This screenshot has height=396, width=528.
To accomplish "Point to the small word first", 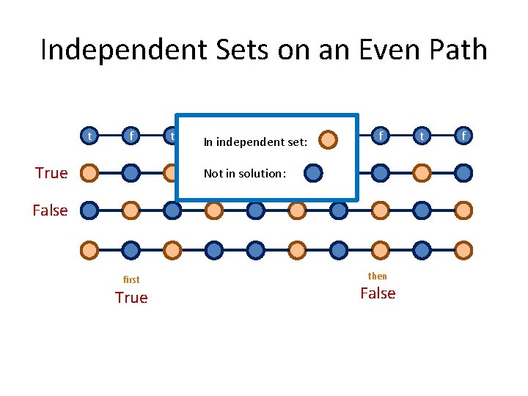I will [131, 279].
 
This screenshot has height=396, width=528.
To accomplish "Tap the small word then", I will [377, 276].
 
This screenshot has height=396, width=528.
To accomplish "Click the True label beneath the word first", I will [131, 298].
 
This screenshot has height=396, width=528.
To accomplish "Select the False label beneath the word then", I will [378, 293].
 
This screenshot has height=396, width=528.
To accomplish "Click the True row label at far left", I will [51, 173].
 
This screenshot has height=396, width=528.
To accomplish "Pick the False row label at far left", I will [50, 210].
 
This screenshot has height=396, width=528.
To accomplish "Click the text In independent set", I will [255, 142].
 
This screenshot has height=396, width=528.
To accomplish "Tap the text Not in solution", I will [244, 174].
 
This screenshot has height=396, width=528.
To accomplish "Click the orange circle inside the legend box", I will [329, 139].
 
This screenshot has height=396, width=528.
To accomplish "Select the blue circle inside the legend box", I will [313, 173].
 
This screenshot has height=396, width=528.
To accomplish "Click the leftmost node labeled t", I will [89, 136].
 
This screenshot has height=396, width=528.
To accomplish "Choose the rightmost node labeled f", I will [463, 136].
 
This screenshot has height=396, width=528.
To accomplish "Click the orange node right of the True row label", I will [89, 173].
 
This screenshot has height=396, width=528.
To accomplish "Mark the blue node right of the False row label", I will [89, 210].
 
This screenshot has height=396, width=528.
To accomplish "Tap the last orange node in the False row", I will [463, 210].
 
